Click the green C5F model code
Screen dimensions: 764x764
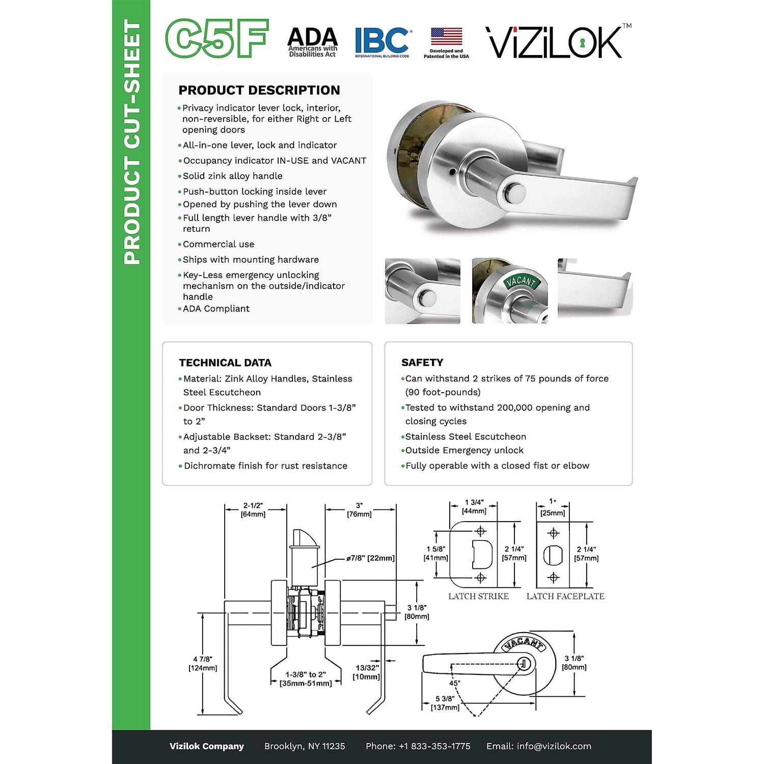coord(217,39)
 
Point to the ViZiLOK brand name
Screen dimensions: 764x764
coord(558,42)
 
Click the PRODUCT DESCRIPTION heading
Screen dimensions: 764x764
coord(259,90)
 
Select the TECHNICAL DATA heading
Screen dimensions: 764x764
coord(225,363)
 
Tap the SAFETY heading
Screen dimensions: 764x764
coord(422,362)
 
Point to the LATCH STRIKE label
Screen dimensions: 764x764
coord(478,596)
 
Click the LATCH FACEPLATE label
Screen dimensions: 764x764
coord(565,596)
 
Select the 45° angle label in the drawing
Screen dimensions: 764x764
coord(455,683)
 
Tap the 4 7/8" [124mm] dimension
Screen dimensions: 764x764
coord(203,664)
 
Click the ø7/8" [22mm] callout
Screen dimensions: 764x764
coord(370,558)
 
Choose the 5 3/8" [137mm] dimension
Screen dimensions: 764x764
coord(445,703)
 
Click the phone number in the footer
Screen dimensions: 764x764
coord(418,746)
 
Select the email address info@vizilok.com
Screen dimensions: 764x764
coord(539,746)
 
